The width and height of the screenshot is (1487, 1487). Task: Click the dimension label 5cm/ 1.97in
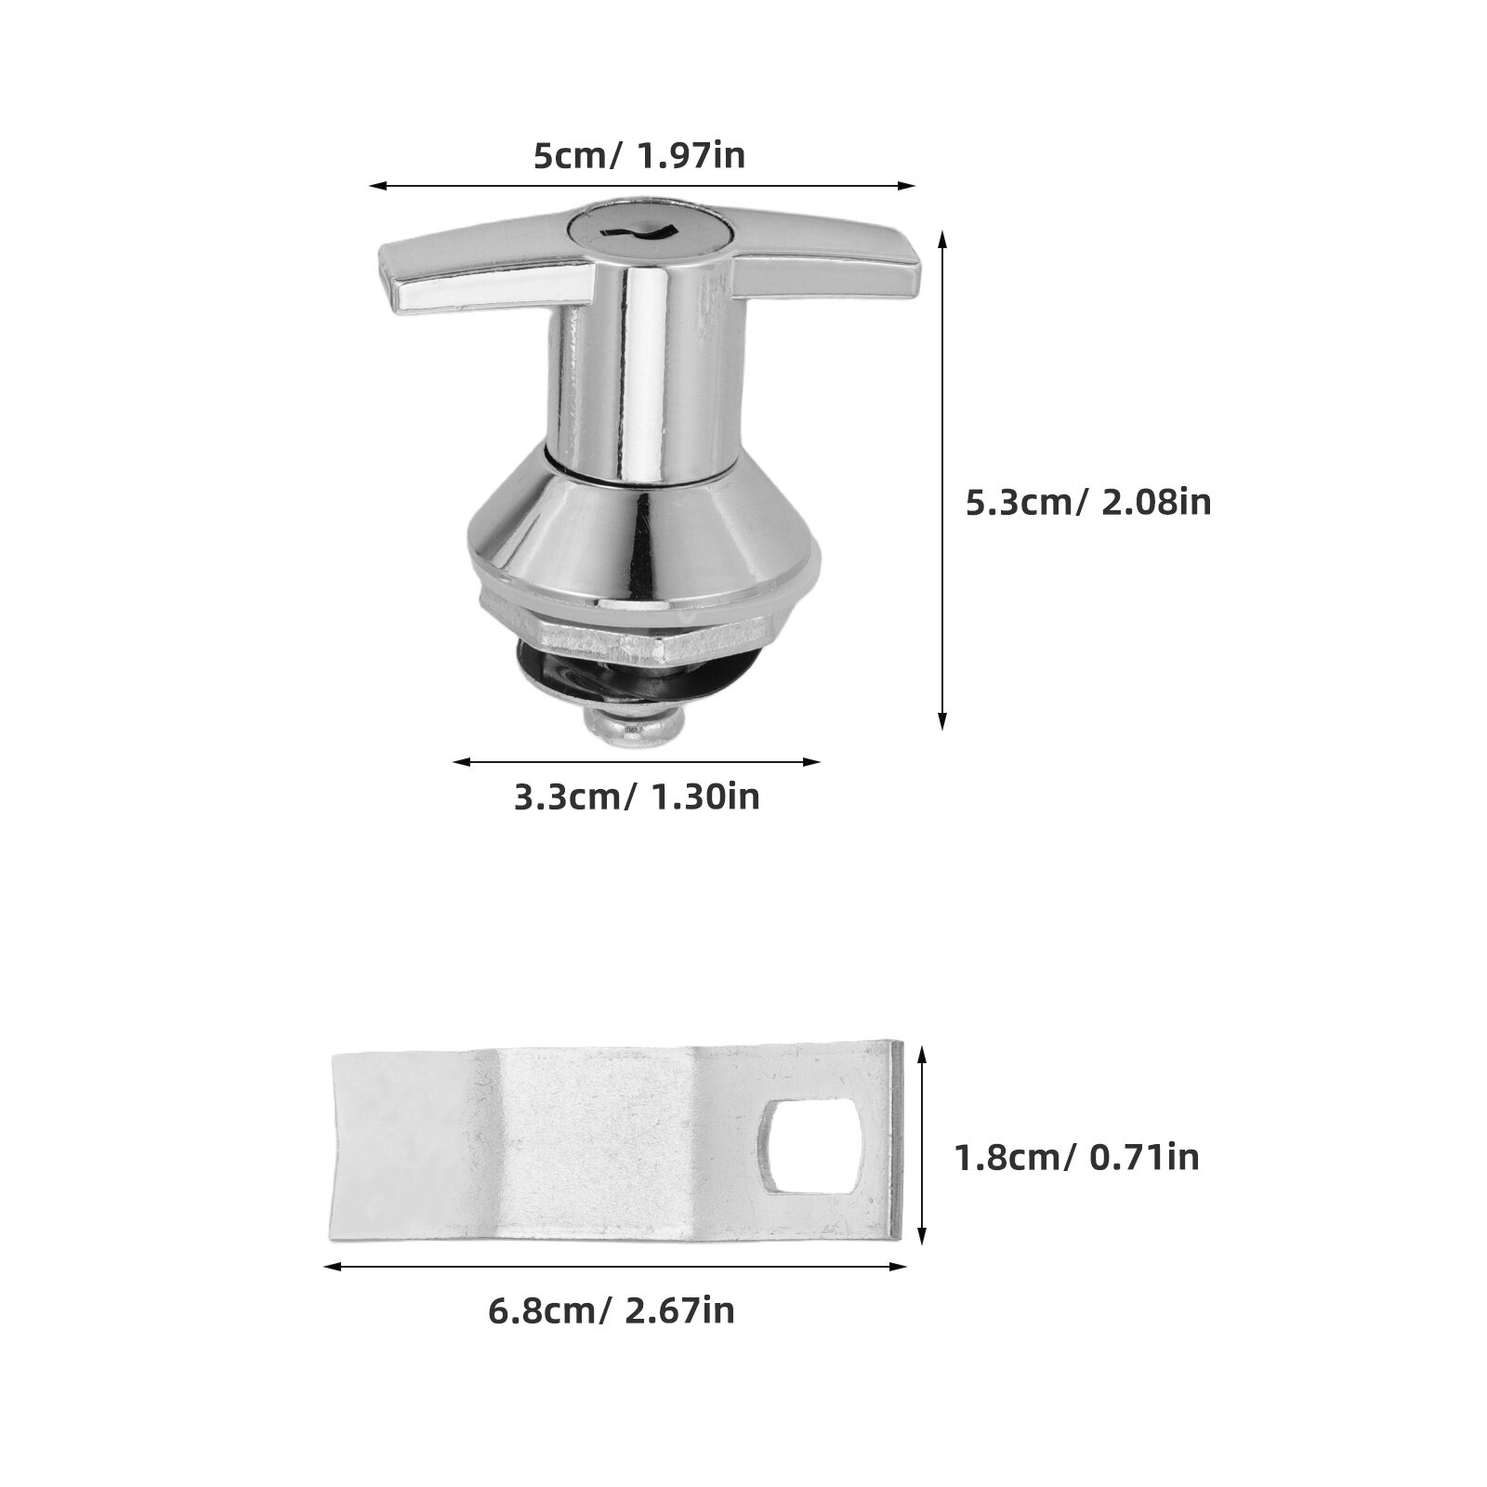tap(638, 155)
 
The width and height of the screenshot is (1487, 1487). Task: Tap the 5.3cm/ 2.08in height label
tap(1088, 503)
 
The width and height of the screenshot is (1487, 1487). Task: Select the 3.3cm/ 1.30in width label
tap(637, 796)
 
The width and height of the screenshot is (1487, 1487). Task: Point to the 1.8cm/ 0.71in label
tap(1077, 1157)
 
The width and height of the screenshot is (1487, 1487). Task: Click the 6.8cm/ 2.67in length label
tap(612, 1310)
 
